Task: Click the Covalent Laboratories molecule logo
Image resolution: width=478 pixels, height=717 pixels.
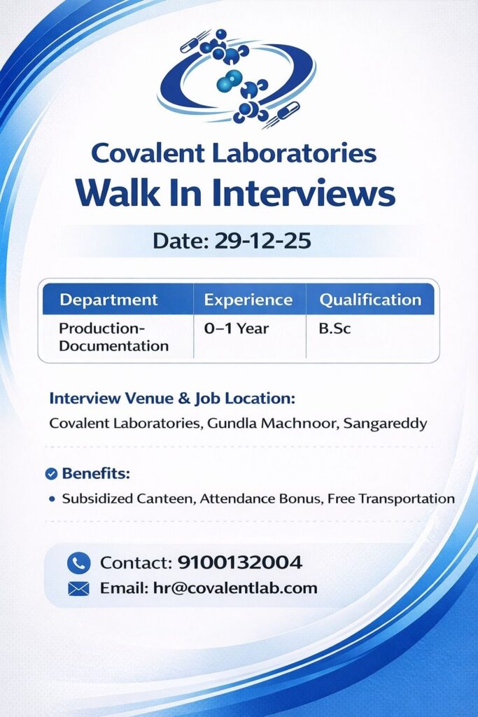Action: (237, 78)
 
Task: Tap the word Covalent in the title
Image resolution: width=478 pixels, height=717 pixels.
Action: (148, 153)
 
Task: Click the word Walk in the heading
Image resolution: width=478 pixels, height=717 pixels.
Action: (118, 193)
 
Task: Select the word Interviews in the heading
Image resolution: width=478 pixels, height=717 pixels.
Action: (304, 193)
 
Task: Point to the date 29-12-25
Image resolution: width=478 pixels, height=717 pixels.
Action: (262, 241)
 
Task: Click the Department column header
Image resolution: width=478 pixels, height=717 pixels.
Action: (108, 300)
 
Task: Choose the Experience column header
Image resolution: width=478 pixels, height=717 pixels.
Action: (248, 300)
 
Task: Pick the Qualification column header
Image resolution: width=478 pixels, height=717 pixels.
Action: (370, 300)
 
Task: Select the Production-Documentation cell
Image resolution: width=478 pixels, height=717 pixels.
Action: (114, 337)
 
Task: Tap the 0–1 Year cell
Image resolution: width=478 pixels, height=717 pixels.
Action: (237, 328)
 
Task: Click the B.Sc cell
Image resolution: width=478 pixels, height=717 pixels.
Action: (335, 328)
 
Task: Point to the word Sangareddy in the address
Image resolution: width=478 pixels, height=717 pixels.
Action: (385, 423)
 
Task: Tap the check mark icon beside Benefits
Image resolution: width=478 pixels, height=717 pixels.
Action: (51, 474)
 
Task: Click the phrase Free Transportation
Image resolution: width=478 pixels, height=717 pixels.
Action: (391, 499)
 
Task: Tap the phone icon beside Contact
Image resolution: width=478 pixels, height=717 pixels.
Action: (78, 563)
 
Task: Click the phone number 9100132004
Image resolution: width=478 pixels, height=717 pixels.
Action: (239, 562)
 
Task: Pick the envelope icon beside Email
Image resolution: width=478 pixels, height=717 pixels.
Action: (78, 588)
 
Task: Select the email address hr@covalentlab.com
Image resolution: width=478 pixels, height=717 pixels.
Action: (235, 588)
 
